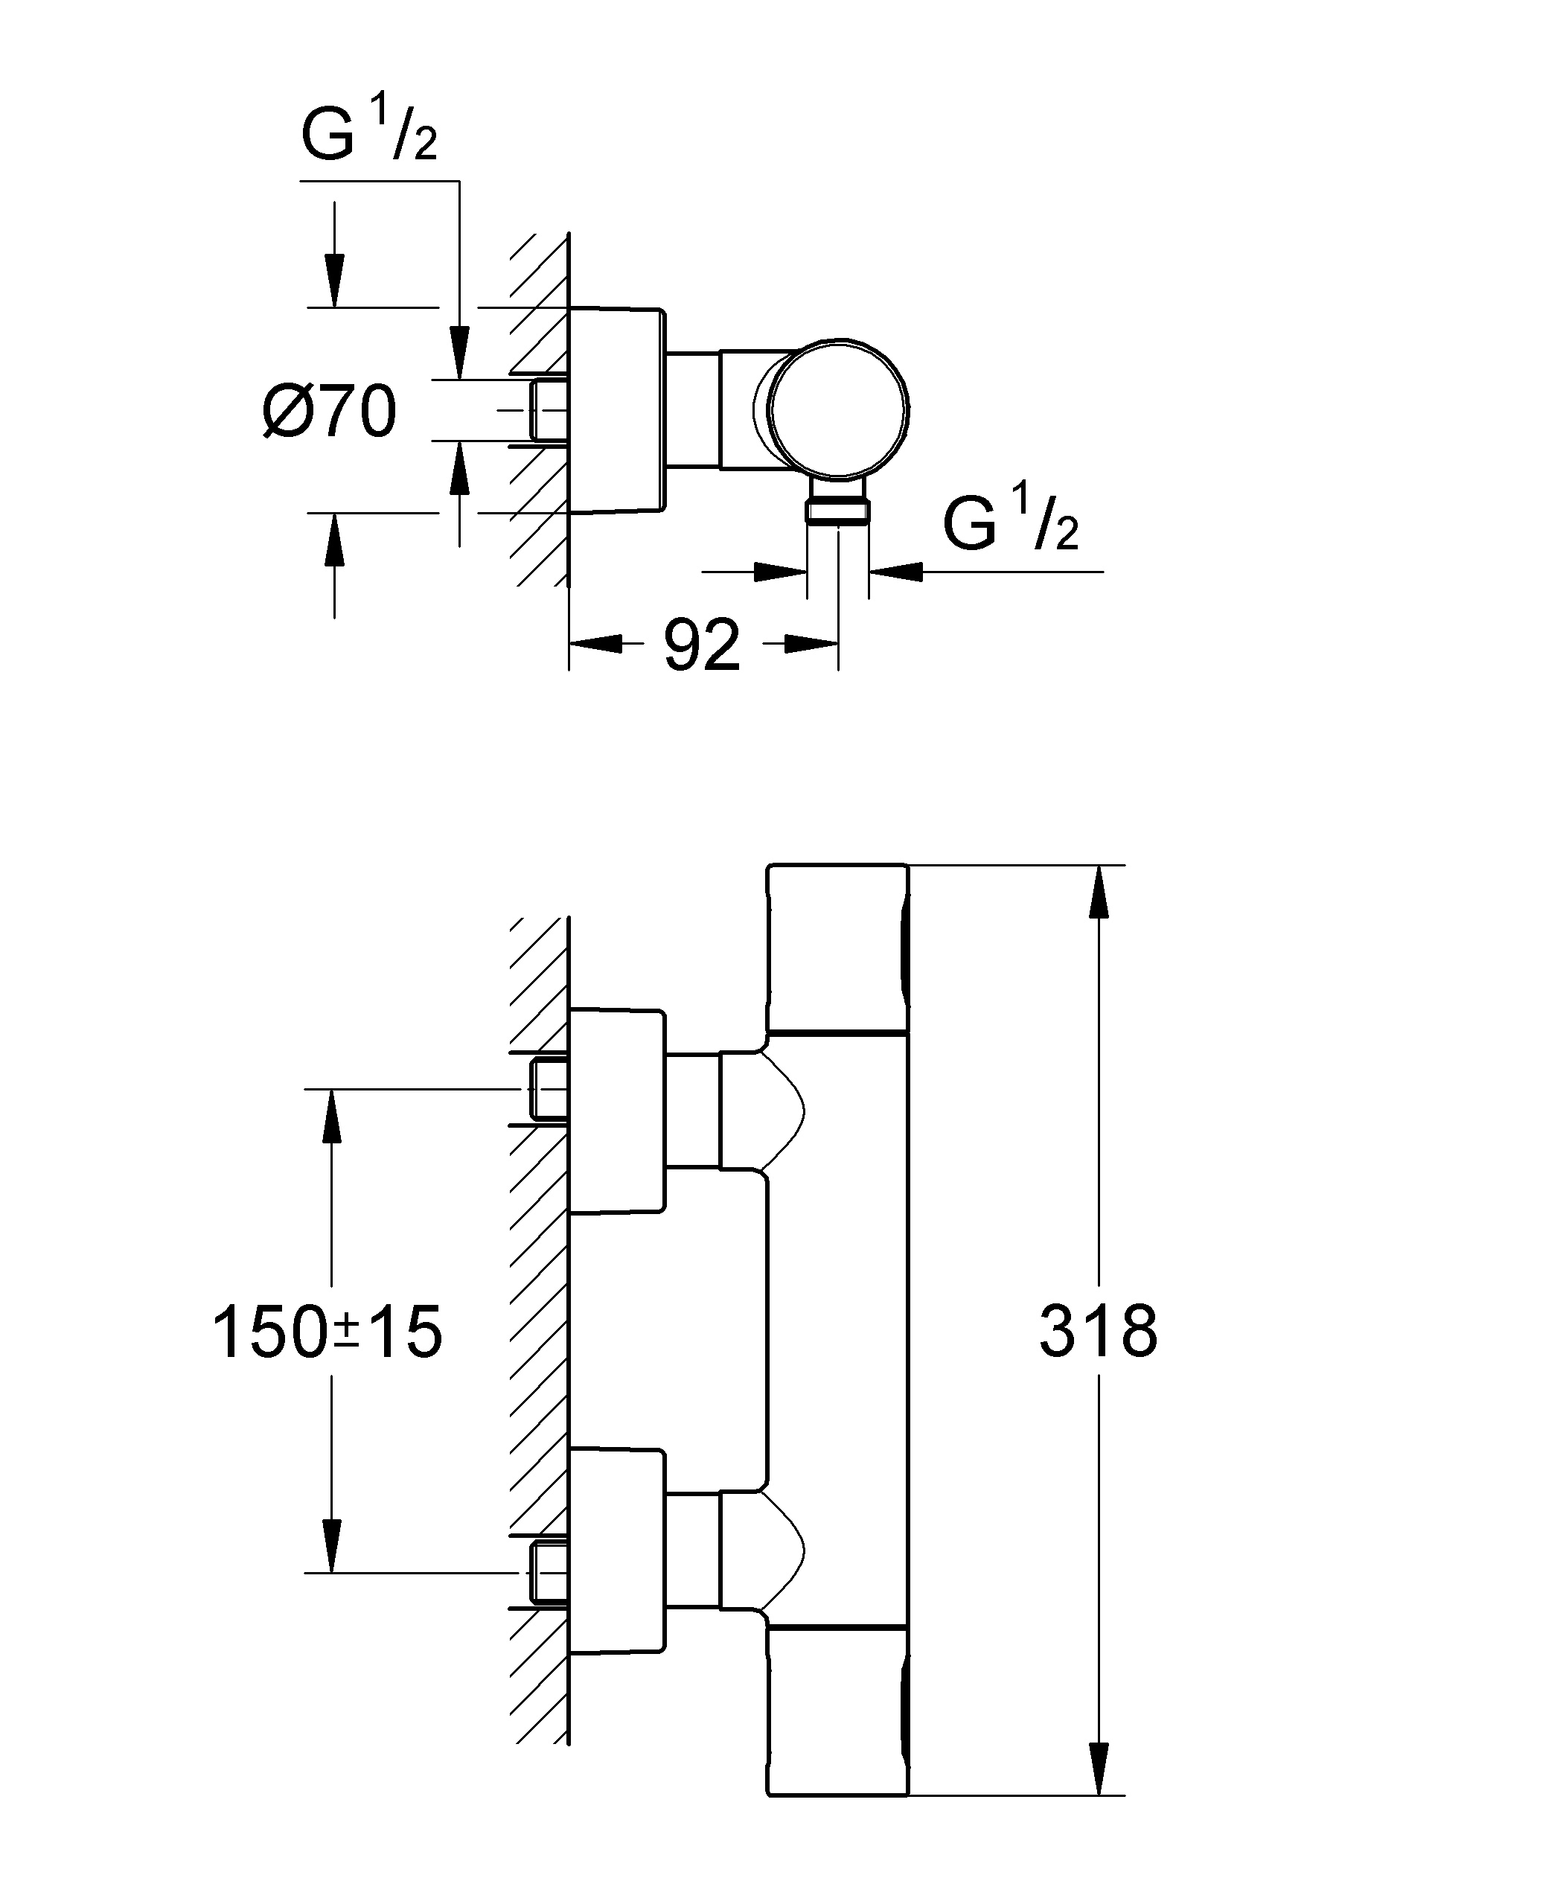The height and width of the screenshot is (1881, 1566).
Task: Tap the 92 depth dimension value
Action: [x=703, y=645]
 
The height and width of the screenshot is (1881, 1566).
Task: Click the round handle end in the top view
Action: [x=840, y=409]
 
